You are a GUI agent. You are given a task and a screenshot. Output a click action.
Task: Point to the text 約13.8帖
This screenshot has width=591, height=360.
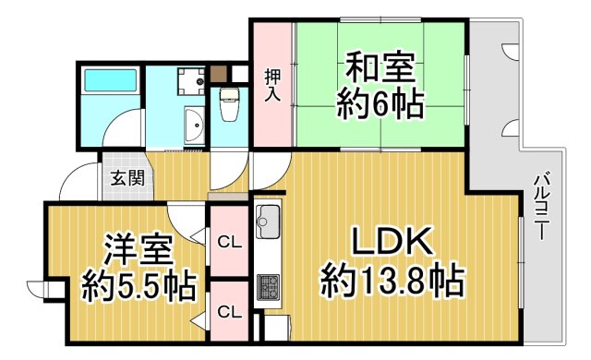(x=392, y=278)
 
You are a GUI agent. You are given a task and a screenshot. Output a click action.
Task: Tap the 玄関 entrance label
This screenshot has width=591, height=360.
(x=127, y=178)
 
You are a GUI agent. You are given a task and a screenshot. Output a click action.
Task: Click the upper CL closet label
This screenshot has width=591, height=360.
(x=229, y=243)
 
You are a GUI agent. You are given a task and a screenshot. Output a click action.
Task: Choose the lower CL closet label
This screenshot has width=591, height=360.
(x=229, y=312)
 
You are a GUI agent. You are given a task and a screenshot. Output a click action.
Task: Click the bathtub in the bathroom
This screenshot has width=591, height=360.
(x=110, y=82)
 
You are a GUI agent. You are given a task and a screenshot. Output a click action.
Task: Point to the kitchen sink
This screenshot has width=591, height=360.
(x=269, y=221)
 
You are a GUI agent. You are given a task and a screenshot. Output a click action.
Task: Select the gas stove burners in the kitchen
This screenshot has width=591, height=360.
(x=267, y=287)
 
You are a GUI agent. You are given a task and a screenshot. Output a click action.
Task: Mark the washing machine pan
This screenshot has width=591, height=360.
(x=192, y=80)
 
